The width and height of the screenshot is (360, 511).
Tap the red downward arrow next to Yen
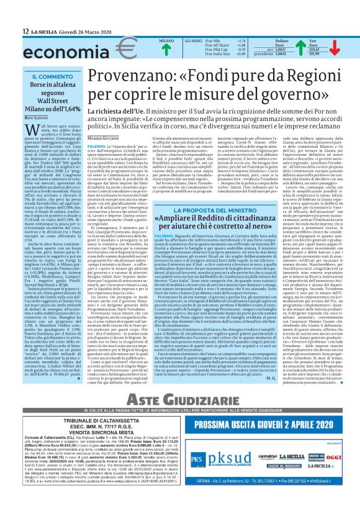coord(338,48)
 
